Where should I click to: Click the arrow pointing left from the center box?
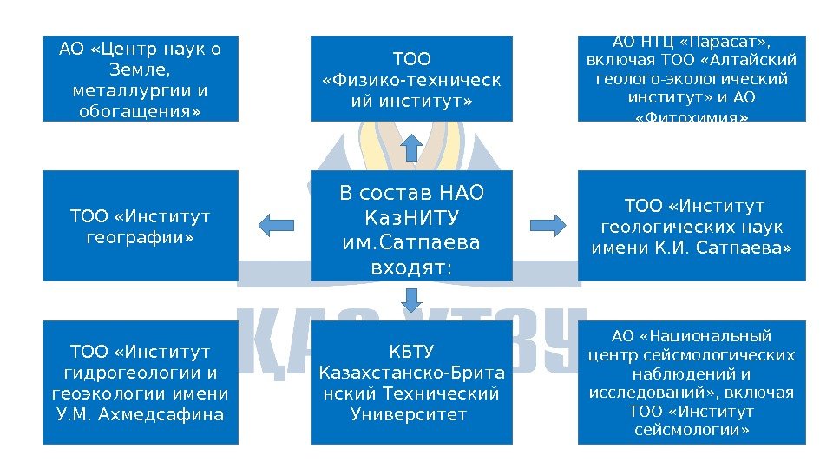[x=278, y=225]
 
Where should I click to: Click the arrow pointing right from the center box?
[x=548, y=225]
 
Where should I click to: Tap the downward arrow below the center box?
[x=413, y=300]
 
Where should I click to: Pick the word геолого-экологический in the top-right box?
[x=692, y=79]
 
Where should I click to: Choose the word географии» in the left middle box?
[x=140, y=236]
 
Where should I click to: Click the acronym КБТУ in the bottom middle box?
[x=412, y=352]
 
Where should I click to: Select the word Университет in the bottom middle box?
[x=412, y=413]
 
